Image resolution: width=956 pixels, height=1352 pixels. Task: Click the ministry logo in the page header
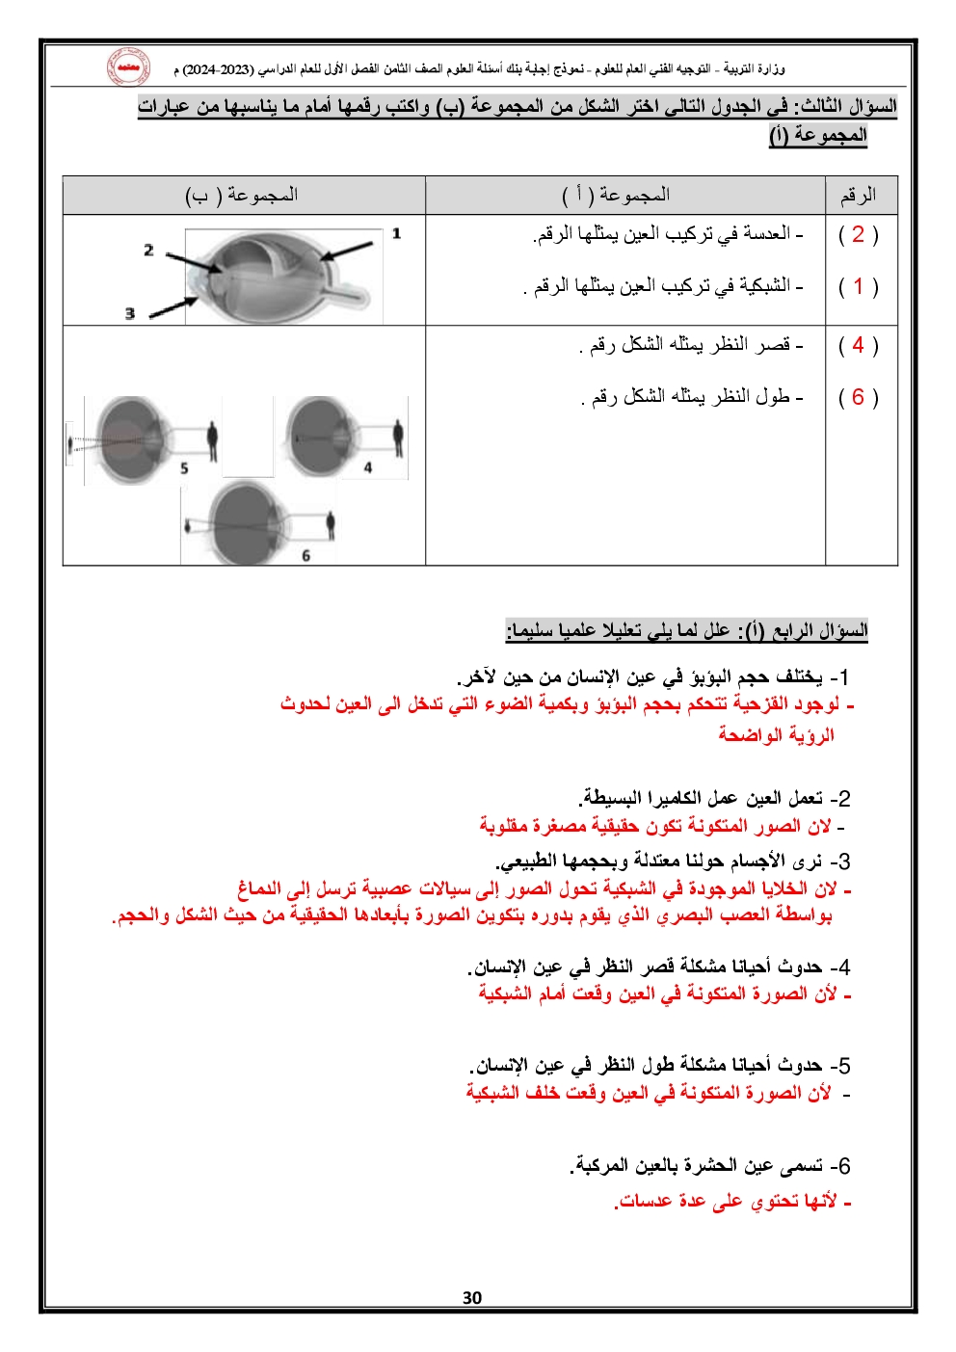127,67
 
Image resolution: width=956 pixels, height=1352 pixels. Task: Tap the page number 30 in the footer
472,1297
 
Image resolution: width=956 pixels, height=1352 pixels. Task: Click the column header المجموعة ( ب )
242,196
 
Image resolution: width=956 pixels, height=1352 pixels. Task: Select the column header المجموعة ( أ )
617,196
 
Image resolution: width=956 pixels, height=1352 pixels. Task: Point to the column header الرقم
858,196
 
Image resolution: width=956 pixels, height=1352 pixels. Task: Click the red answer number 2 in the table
858,234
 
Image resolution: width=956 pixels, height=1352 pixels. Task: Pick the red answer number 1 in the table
858,286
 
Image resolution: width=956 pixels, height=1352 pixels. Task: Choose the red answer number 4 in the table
858,345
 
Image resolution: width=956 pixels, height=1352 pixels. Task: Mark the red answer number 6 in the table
858,397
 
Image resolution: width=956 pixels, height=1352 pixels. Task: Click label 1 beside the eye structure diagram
396,233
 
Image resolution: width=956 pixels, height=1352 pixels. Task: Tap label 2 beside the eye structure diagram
148,250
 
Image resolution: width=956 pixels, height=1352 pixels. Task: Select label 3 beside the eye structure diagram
129,313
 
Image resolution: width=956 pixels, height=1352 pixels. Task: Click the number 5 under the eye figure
184,468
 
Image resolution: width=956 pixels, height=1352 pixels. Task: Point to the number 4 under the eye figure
368,467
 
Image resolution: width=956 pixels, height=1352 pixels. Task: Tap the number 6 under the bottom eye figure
305,555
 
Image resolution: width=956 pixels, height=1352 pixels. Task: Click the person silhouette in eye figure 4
397,438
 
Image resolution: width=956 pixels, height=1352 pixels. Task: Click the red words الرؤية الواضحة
776,735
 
